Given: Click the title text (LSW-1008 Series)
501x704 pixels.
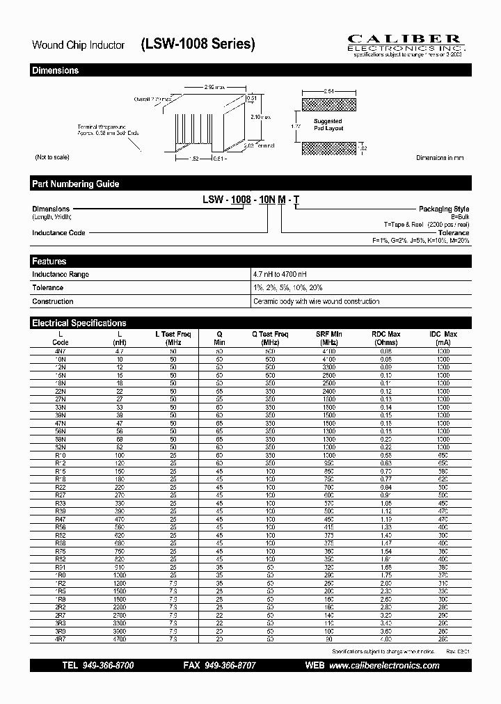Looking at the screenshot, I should point(198,45).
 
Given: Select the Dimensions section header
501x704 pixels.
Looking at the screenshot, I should point(56,70).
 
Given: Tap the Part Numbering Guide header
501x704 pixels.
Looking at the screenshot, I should point(76,184).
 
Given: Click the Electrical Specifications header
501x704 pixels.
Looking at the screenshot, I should point(79,323).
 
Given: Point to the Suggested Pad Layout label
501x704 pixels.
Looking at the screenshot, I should point(328,125).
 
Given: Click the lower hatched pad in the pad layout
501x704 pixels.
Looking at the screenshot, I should point(328,147).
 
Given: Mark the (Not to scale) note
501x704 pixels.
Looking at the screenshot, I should point(51,158).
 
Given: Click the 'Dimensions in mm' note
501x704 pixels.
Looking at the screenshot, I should point(440,158).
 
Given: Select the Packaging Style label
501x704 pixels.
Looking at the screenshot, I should point(443,209).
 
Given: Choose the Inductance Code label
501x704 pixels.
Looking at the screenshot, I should point(58,232).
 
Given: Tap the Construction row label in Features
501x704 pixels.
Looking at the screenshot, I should point(53,301).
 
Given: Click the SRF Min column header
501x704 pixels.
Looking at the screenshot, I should point(329,338).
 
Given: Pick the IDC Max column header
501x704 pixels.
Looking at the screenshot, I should point(443,338).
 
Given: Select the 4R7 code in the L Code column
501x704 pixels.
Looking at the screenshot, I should point(61,638).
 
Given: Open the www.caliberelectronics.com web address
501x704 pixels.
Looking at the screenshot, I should point(383,666).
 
